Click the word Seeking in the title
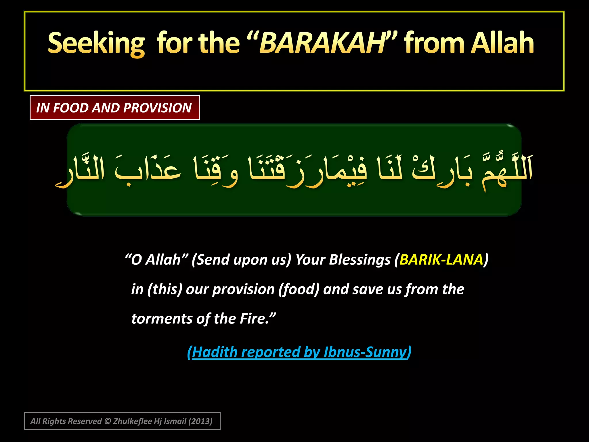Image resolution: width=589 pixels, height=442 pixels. coord(96,43)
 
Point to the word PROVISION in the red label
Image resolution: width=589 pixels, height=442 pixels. coord(157,108)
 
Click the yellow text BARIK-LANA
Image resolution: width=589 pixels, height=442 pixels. coord(441,260)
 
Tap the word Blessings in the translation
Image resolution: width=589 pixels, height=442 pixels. coord(360,260)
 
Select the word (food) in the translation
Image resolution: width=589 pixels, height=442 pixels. coord(299,289)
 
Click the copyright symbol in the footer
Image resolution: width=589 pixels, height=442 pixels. coord(108,421)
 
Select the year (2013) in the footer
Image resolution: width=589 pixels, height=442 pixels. coord(200,421)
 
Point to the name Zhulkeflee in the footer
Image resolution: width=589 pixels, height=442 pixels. coord(133,421)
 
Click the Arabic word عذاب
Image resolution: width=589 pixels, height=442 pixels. coord(148,170)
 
